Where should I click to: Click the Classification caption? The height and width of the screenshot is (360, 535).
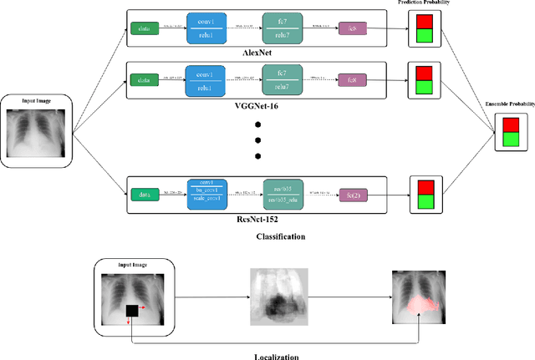280,236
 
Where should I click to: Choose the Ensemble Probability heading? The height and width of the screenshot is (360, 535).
509,104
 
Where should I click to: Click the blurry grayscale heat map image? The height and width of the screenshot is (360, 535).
279,297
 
